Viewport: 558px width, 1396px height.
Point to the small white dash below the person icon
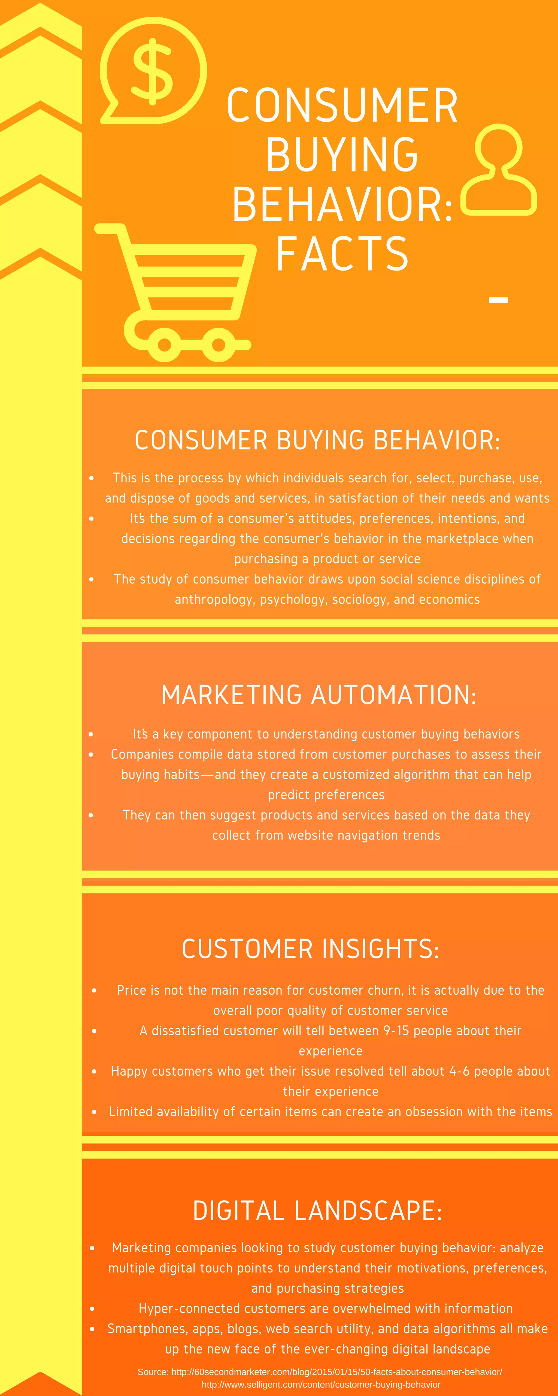(x=498, y=300)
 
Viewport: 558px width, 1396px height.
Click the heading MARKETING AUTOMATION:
(x=319, y=695)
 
